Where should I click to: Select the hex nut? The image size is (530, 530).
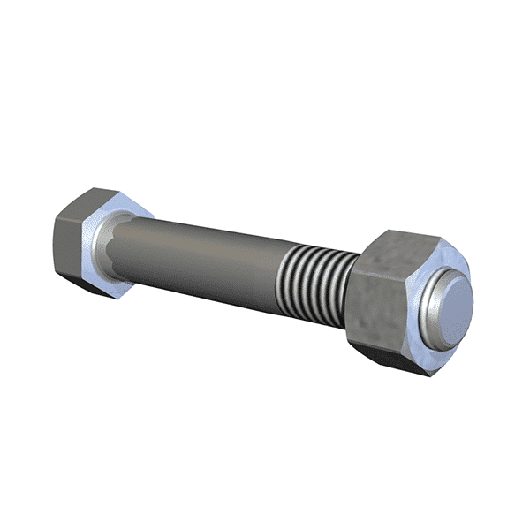click(x=397, y=300)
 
